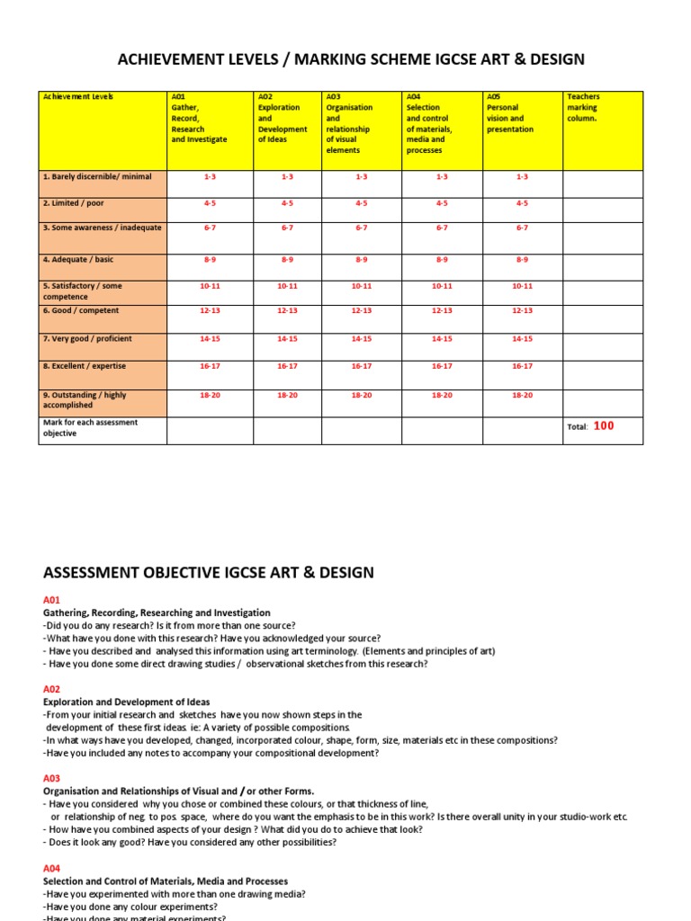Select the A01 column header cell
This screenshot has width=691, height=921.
[209, 130]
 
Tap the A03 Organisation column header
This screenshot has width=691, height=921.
[360, 130]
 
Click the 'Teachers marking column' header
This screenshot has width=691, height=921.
[602, 130]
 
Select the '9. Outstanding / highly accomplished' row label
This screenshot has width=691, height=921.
[102, 401]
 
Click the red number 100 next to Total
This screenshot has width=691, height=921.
[604, 426]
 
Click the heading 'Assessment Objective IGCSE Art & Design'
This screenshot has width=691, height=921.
[209, 573]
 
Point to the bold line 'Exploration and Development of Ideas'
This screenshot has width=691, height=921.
[126, 702]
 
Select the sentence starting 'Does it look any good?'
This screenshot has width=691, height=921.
[189, 843]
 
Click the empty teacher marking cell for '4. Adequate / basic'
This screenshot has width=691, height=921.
[602, 266]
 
